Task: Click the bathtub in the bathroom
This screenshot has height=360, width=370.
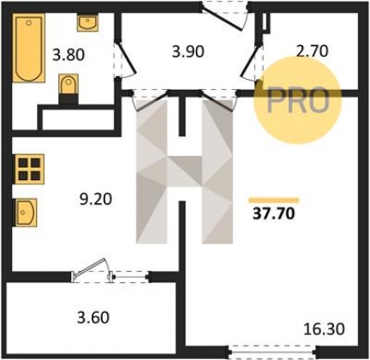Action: [29, 48]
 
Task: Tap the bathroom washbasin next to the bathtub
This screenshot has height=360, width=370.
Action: [87, 23]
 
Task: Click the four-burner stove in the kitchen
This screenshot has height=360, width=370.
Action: [28, 169]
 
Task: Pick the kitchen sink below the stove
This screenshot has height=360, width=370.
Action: [25, 213]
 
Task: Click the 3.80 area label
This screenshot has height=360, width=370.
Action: [69, 55]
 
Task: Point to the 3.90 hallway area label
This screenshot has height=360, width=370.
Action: [188, 52]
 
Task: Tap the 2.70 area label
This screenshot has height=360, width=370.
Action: [313, 51]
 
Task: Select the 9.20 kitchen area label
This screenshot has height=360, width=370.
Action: [95, 199]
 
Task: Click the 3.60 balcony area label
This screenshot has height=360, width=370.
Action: [93, 318]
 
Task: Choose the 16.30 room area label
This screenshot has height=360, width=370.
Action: [324, 329]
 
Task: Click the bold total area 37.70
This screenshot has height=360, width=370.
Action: [273, 213]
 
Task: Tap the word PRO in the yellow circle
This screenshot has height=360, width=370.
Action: [298, 100]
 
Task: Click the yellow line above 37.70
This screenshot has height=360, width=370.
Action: [273, 201]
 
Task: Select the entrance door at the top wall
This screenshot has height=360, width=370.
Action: [225, 15]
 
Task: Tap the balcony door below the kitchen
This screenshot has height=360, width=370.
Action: [110, 272]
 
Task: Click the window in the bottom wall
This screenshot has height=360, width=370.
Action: [272, 351]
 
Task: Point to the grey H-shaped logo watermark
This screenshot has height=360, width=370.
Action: [184, 171]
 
